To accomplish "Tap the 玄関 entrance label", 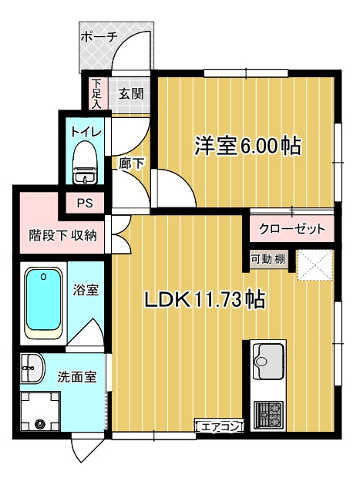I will pyautogui.click(x=131, y=95).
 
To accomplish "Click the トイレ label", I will pyautogui.click(x=86, y=130).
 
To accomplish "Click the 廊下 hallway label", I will pyautogui.click(x=133, y=164).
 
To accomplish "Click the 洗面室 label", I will pyautogui.click(x=77, y=377).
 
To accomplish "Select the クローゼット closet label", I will pyautogui.click(x=291, y=229).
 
